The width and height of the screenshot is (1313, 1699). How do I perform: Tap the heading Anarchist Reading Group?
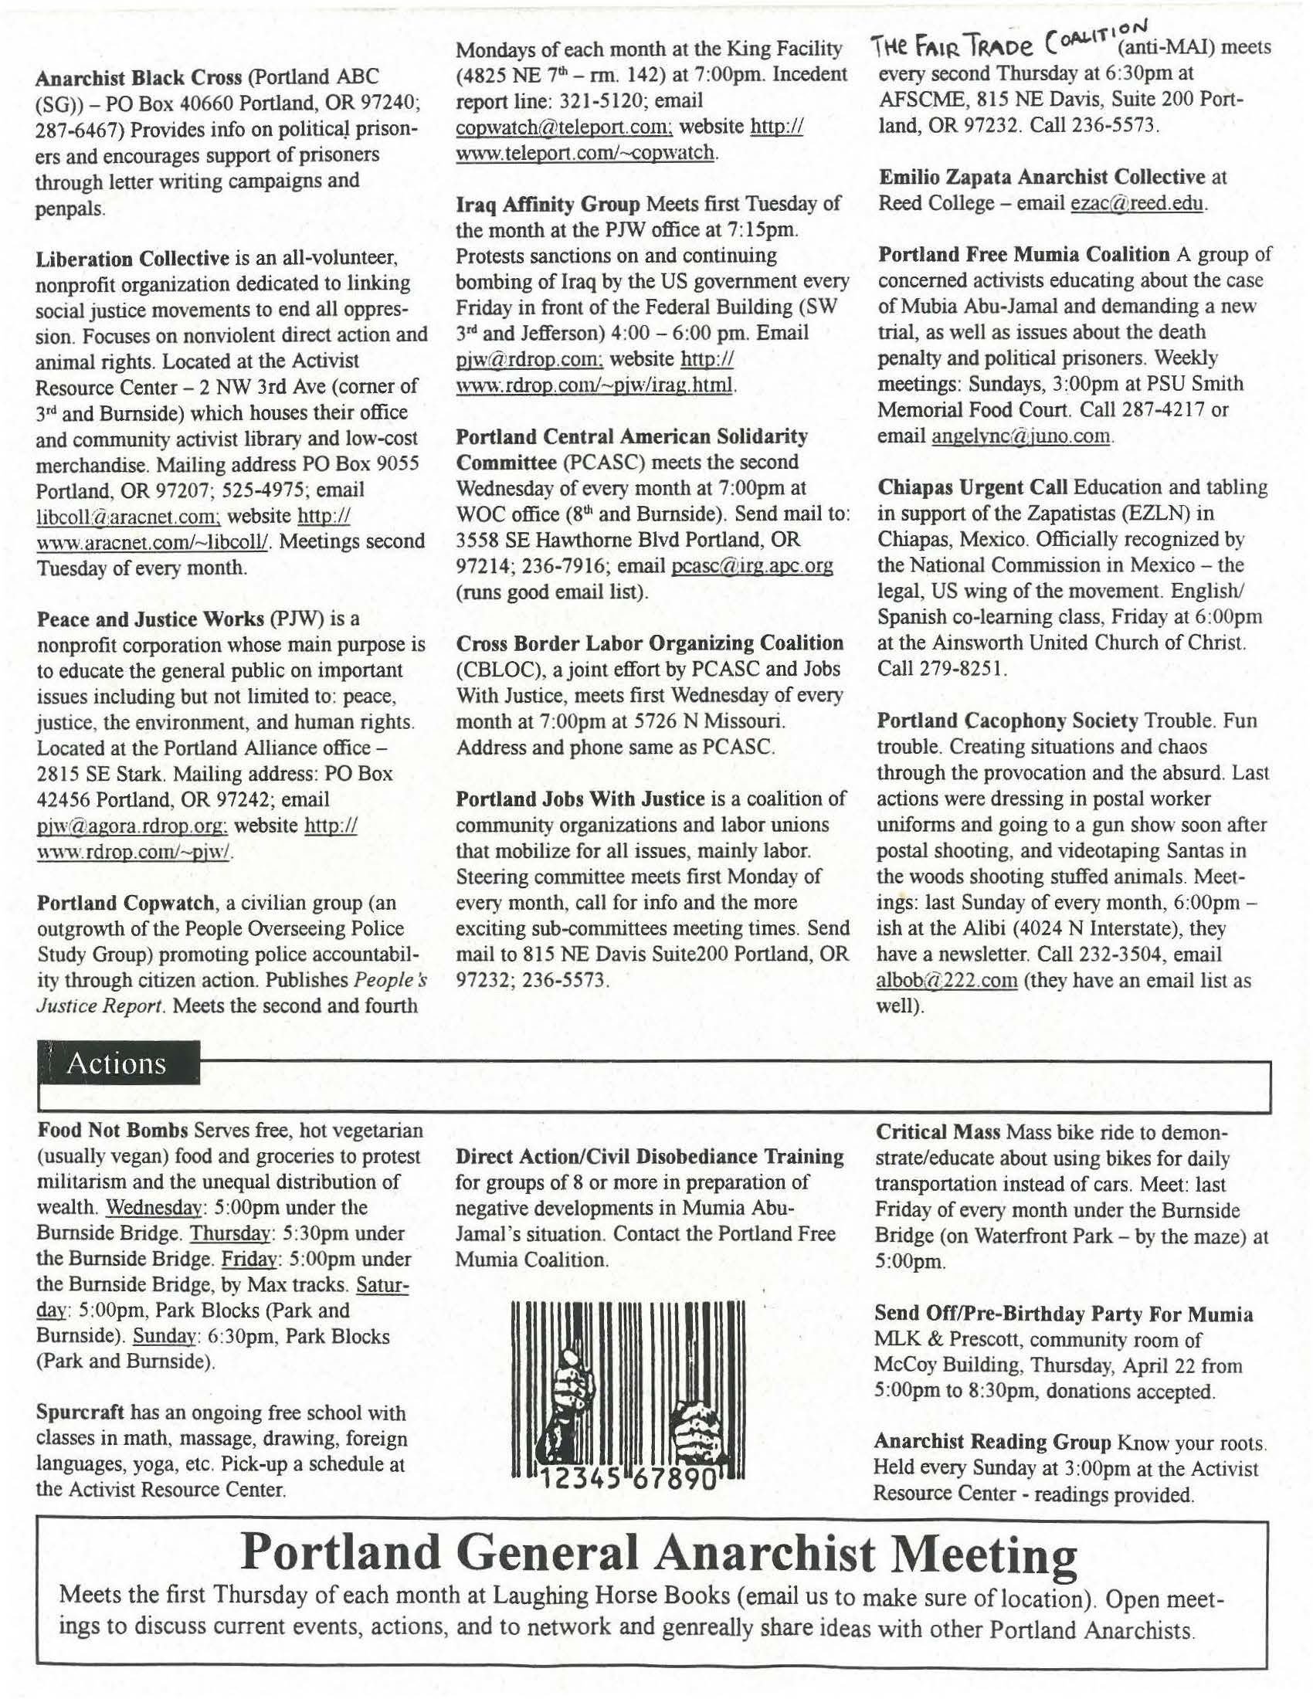coord(992,1442)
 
